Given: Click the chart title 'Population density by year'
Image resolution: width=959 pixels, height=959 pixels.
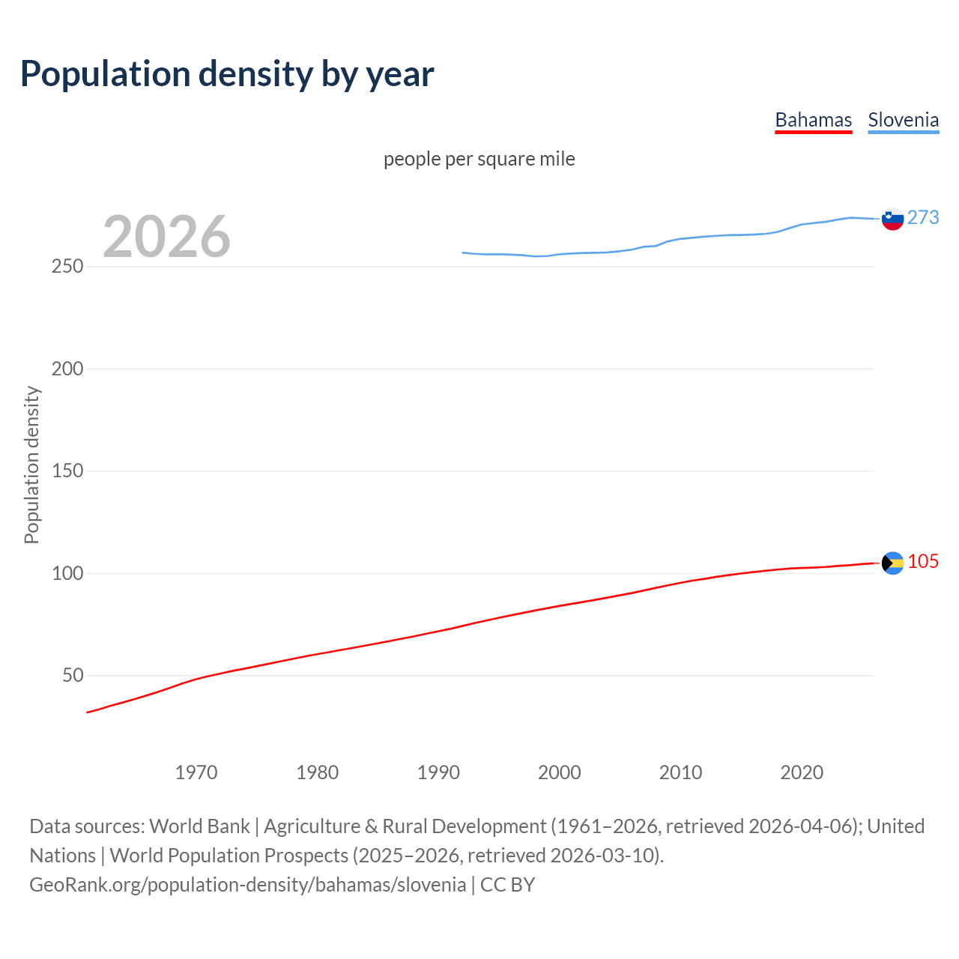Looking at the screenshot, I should point(227,74).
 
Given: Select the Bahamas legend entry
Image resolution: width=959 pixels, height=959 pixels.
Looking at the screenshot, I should point(813,120).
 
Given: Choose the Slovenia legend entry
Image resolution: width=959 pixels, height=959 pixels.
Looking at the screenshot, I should point(903,120).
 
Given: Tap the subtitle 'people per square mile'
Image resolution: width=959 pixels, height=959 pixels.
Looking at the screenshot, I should point(479,159).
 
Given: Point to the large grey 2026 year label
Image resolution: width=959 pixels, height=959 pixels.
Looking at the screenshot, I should point(166,237).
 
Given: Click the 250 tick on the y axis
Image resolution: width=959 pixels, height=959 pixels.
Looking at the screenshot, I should point(67,267).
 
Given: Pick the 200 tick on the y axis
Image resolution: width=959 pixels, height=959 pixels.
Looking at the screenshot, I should point(67,369).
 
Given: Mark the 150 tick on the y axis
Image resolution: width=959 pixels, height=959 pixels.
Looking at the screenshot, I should point(67,471).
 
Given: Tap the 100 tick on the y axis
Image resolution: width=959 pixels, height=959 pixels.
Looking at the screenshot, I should point(67,573).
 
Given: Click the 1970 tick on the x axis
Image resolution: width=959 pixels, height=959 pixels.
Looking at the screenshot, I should point(196,772).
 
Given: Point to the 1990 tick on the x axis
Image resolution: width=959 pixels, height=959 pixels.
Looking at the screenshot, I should point(438,772).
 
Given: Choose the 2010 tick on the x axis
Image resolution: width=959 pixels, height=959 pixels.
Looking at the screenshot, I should point(680,772).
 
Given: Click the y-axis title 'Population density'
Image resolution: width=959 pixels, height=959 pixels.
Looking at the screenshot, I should point(31,465).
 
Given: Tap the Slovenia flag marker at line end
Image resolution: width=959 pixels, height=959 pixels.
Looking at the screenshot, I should point(892,219).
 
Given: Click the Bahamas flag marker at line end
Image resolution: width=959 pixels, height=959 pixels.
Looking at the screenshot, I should point(892,563).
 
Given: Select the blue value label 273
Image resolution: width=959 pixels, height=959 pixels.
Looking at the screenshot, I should point(923,217).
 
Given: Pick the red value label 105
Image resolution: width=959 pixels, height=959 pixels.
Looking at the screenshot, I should point(923,561).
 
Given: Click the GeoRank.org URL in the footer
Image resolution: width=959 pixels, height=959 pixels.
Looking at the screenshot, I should point(247,885).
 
